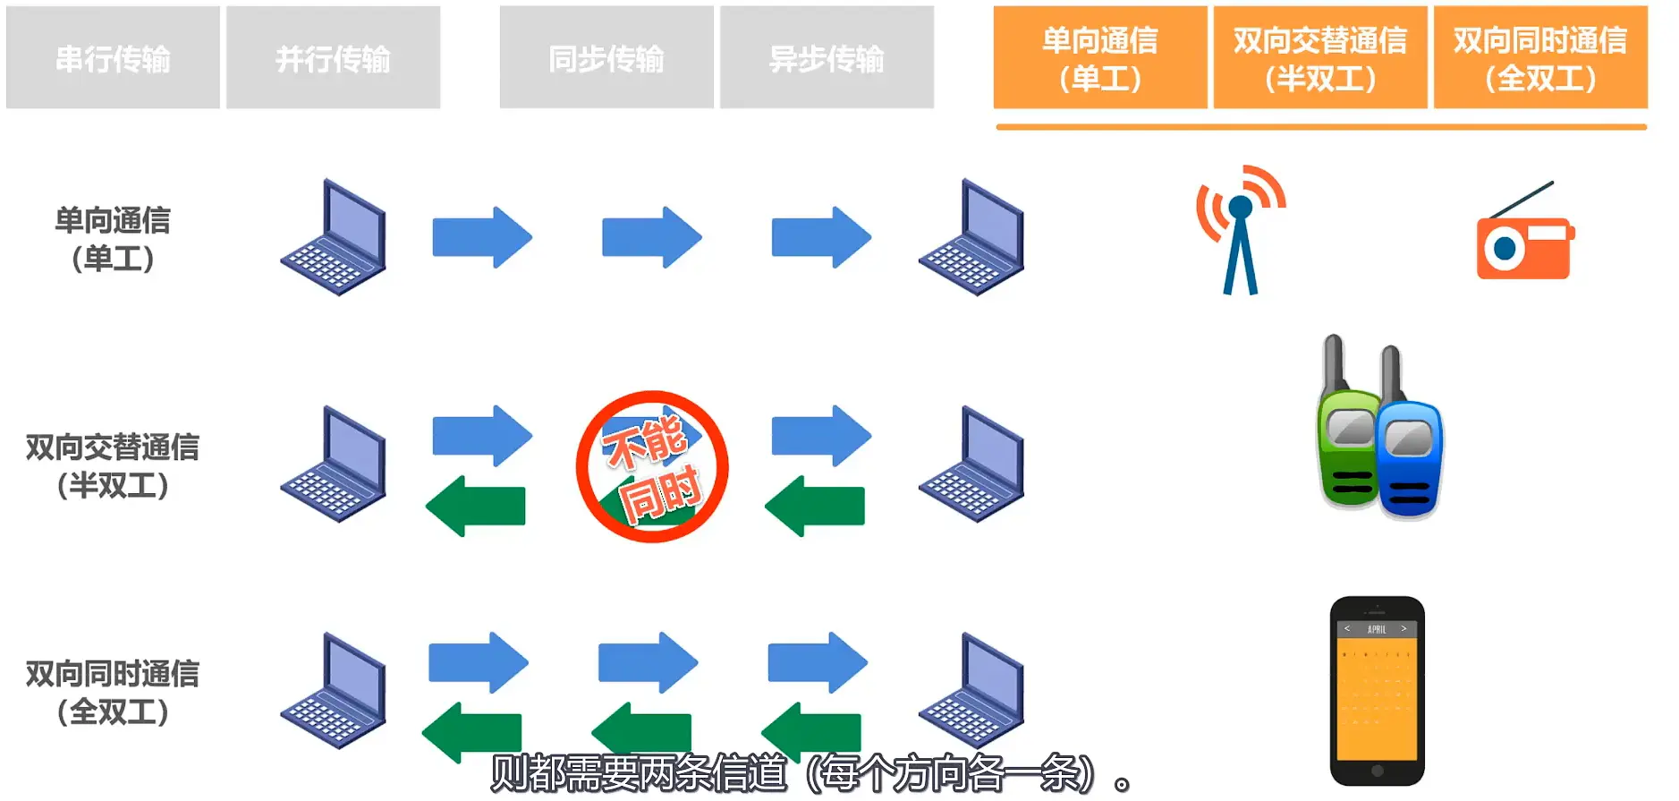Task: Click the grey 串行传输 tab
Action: tap(113, 58)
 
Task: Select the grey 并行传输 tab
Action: tap(333, 58)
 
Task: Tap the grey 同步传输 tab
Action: tap(606, 58)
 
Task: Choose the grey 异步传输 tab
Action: tap(827, 58)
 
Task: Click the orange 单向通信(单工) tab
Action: tap(1100, 58)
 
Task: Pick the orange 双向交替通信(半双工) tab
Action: tap(1320, 58)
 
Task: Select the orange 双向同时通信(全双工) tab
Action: tap(1540, 58)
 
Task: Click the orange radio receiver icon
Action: tap(1524, 242)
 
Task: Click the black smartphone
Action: tap(1377, 691)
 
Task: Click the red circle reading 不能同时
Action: tap(652, 466)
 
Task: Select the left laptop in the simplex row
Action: tap(334, 238)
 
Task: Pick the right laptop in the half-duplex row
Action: tap(971, 464)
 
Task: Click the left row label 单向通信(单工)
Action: tap(113, 239)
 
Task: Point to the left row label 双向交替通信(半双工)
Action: tap(113, 465)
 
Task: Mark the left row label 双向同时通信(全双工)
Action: tap(113, 692)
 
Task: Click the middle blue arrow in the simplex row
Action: tap(651, 237)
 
